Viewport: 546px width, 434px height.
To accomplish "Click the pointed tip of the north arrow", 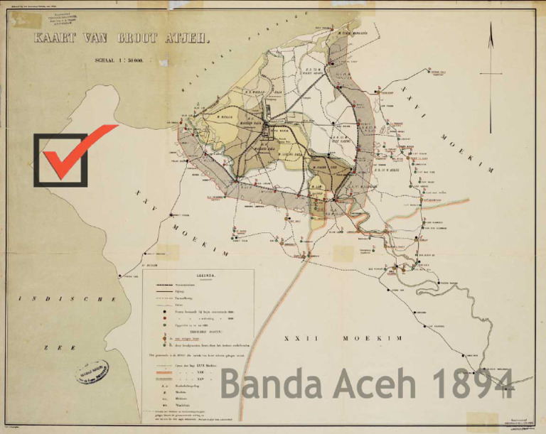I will coord(491,24).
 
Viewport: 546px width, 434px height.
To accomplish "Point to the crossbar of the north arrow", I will coord(491,73).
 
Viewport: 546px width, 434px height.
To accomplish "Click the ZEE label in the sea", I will coord(50,347).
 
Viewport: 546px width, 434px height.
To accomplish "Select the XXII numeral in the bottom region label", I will coord(301,338).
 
